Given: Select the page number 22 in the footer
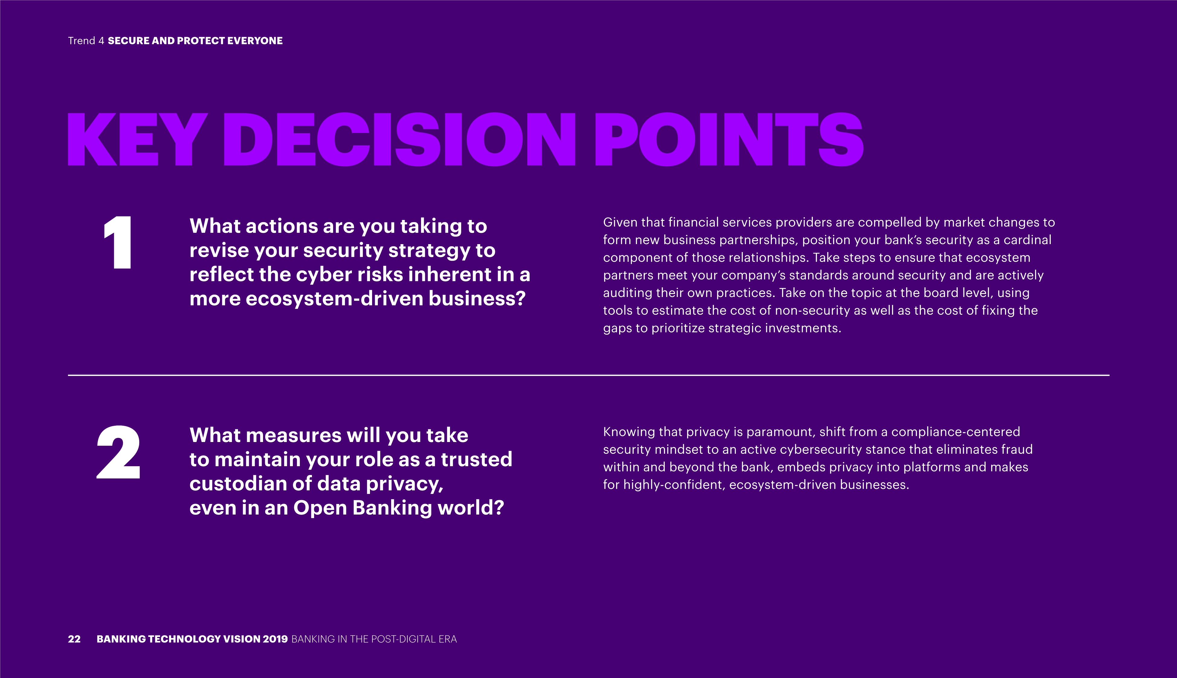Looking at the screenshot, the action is [74, 639].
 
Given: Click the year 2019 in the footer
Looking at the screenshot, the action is [275, 639].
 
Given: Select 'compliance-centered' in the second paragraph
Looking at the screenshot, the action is [956, 432].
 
